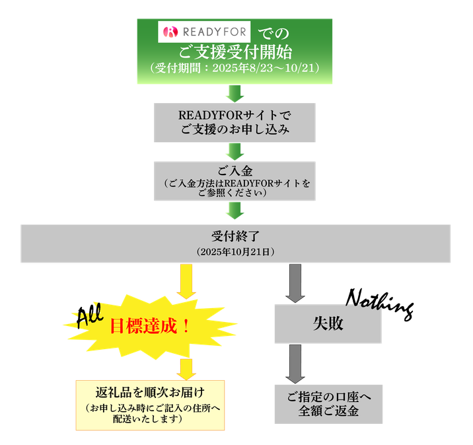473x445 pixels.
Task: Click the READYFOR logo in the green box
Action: click(205, 31)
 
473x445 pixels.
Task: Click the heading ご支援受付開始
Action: click(235, 51)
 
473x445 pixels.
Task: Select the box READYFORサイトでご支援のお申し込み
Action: click(235, 122)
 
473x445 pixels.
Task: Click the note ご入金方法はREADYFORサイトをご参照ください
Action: click(235, 188)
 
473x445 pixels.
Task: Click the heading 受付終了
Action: click(235, 236)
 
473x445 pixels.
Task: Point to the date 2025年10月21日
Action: click(235, 252)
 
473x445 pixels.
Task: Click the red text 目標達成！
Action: click(149, 325)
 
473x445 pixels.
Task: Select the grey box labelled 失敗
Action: click(328, 325)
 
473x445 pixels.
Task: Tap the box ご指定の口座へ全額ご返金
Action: click(328, 403)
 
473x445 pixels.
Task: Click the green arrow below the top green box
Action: click(235, 93)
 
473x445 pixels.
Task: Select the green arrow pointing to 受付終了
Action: click(235, 211)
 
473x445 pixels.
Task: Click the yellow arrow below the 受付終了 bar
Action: click(186, 280)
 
